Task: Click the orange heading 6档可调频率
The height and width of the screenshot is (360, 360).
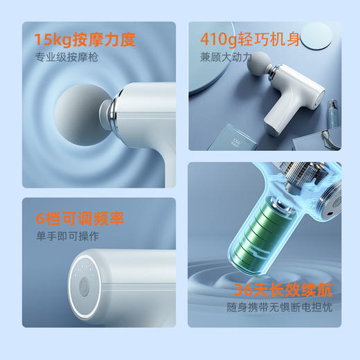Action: [x=80, y=219]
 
